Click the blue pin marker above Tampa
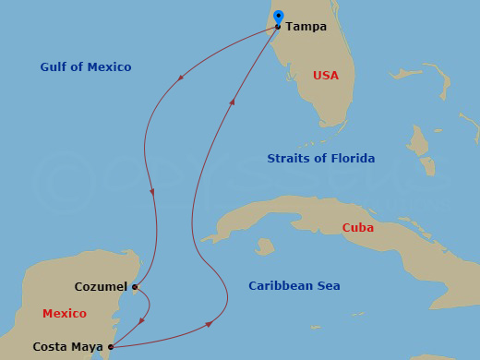pyautogui.click(x=279, y=18)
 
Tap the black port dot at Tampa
pyautogui.click(x=278, y=27)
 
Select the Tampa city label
pyautogui.click(x=306, y=27)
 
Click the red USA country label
pyautogui.click(x=326, y=76)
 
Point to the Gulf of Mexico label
pyautogui.click(x=86, y=67)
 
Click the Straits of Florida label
pyautogui.click(x=320, y=159)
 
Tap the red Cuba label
pyautogui.click(x=357, y=228)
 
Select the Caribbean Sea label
pyautogui.click(x=294, y=286)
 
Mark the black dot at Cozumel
pyautogui.click(x=135, y=287)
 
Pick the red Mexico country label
pyautogui.click(x=65, y=314)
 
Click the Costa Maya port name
pyautogui.click(x=67, y=347)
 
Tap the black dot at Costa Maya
pyautogui.click(x=112, y=347)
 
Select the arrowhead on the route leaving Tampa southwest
pyautogui.click(x=180, y=77)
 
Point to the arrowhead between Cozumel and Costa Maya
pyautogui.click(x=141, y=321)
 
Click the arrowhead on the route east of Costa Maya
pyautogui.click(x=210, y=324)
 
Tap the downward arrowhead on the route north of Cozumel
pyautogui.click(x=151, y=192)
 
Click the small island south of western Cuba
pyautogui.click(x=265, y=246)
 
